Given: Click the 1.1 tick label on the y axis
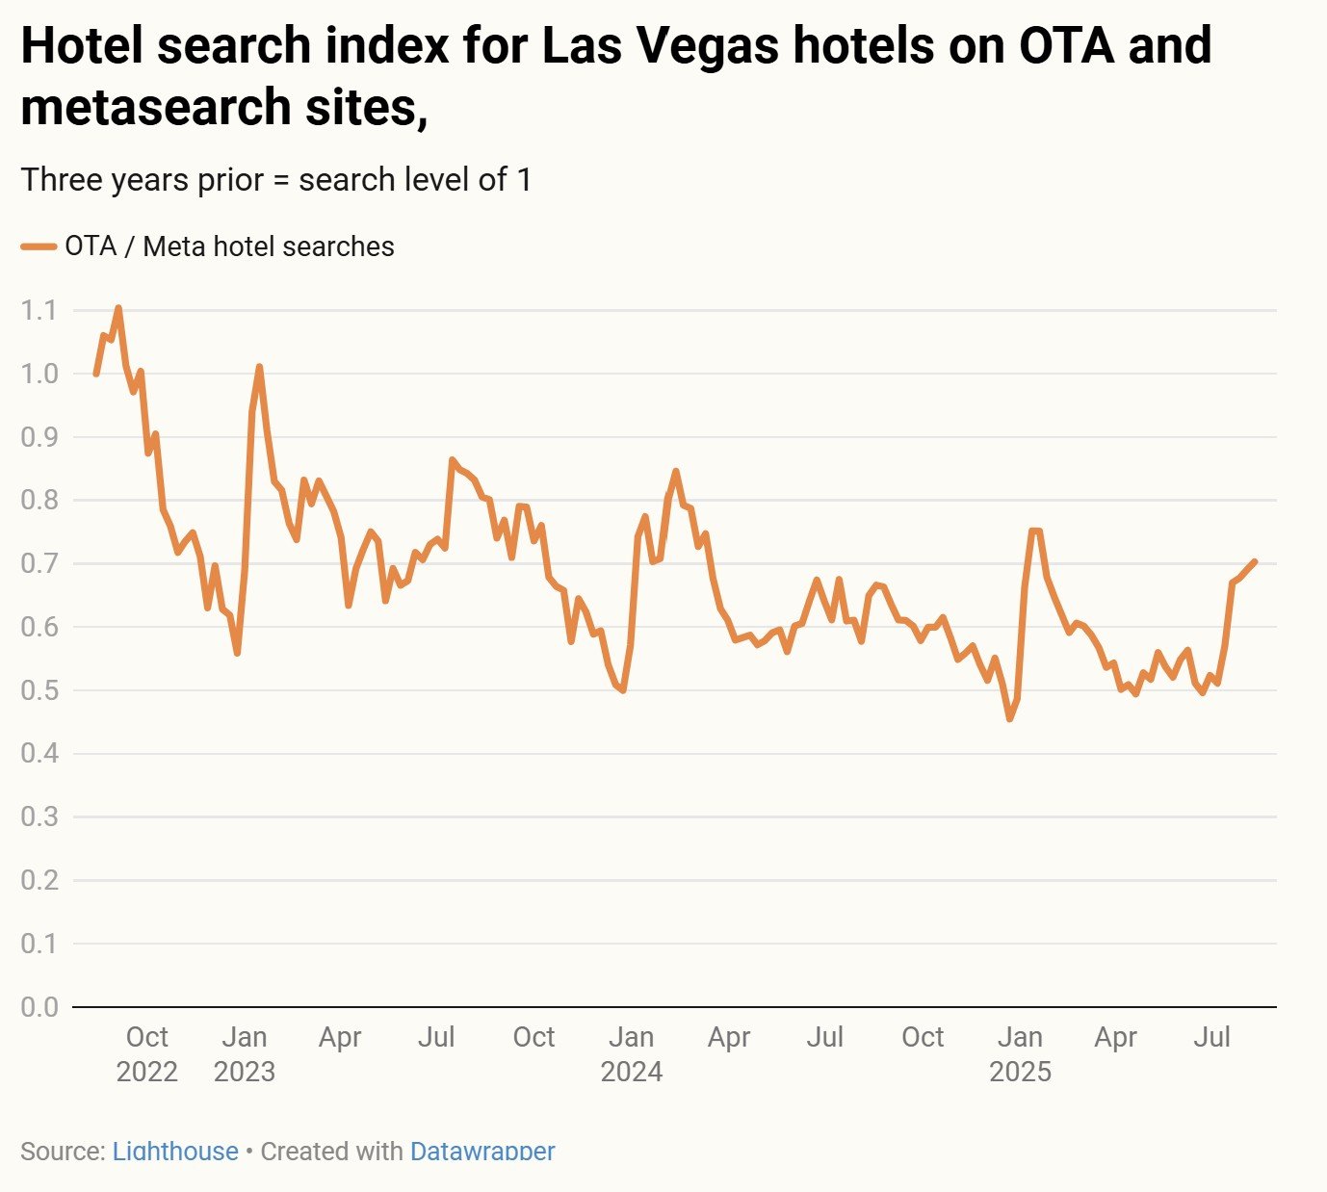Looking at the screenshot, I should pyautogui.click(x=39, y=310).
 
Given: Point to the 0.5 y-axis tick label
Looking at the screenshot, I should pyautogui.click(x=39, y=690).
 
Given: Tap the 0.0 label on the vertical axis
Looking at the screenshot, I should pyautogui.click(x=39, y=1006).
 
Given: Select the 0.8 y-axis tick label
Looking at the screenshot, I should pyautogui.click(x=39, y=500).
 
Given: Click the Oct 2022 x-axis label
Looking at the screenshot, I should pyautogui.click(x=147, y=1053).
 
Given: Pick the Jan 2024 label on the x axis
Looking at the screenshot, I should pyautogui.click(x=632, y=1053).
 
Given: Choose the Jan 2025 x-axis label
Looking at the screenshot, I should pyautogui.click(x=1020, y=1053).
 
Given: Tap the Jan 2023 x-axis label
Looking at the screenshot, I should pyautogui.click(x=245, y=1053).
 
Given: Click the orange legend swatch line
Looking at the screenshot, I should pyautogui.click(x=39, y=247).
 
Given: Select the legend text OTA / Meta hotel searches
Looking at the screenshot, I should pyautogui.click(x=229, y=247).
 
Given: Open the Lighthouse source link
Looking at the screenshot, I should pyautogui.click(x=175, y=1151).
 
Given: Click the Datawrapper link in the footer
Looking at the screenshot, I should pyautogui.click(x=482, y=1151).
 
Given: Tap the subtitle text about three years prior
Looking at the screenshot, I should pyautogui.click(x=276, y=180).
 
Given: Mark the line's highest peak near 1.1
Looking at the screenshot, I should pyautogui.click(x=118, y=308).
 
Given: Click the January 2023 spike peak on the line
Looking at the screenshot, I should pyautogui.click(x=259, y=367).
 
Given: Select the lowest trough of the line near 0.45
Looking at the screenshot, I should pyautogui.click(x=1009, y=718).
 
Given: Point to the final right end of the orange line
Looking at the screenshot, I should pyautogui.click(x=1255, y=561).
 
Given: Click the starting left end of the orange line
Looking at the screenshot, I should pyautogui.click(x=95, y=374).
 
